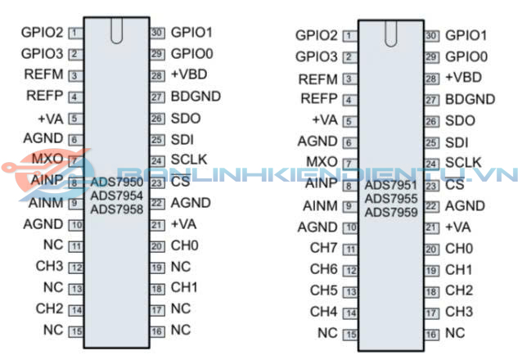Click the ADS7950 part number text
(x=117, y=182)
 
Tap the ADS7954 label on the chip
(x=117, y=196)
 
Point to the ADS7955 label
(x=392, y=199)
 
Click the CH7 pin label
(x=323, y=248)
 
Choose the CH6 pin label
(x=323, y=269)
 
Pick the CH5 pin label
(x=323, y=290)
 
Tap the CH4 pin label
(x=323, y=312)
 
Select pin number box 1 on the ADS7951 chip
(x=349, y=36)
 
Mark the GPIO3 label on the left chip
(x=43, y=55)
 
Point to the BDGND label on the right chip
(x=470, y=99)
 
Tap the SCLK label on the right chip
(x=463, y=162)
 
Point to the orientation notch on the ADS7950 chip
(x=116, y=29)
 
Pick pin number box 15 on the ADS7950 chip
(x=76, y=331)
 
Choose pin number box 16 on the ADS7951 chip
(x=431, y=334)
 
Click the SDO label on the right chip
(x=460, y=120)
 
